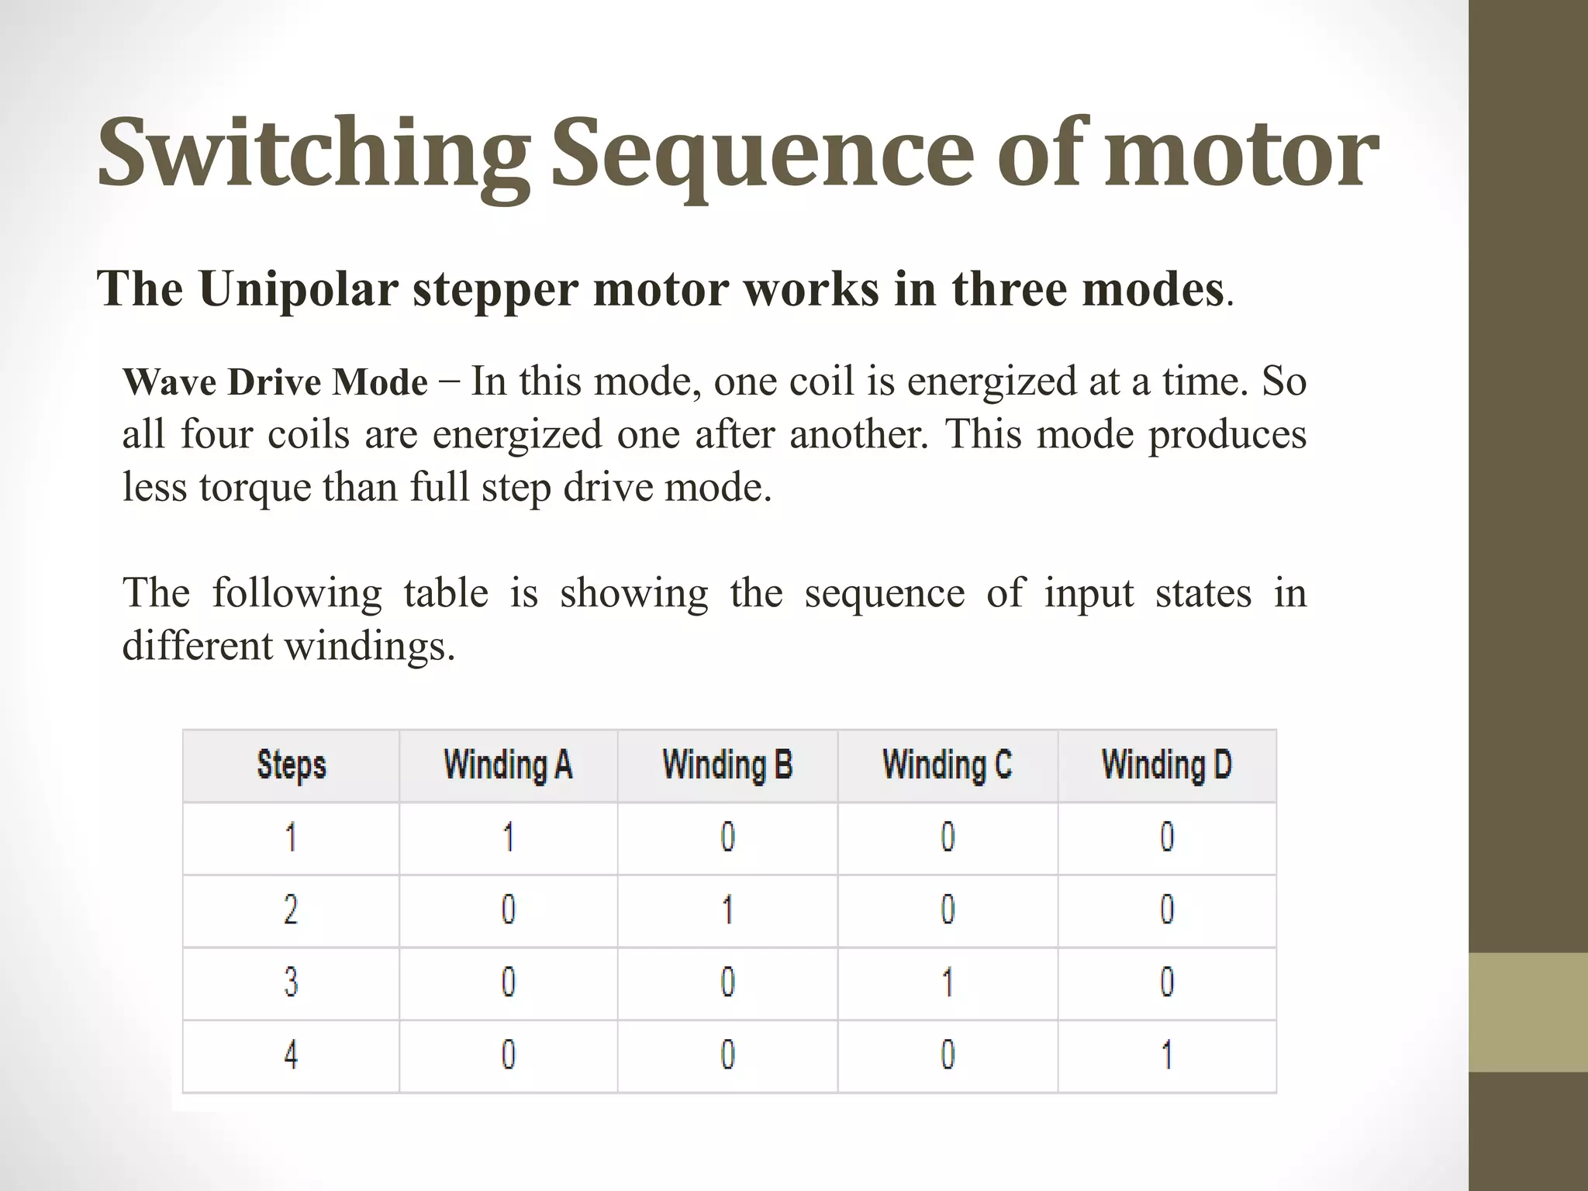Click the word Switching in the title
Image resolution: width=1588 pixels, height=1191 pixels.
coord(314,154)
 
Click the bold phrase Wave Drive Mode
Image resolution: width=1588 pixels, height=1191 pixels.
coord(275,382)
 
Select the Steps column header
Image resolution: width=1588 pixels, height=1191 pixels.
coord(292,765)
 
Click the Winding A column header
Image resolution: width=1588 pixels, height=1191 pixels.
coord(508,765)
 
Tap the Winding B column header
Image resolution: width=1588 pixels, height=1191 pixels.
coord(727,765)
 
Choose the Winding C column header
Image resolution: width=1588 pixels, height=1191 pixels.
coord(948,765)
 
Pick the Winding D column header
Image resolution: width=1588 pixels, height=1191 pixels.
coord(1167,765)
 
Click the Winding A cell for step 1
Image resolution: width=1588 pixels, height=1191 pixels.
coord(509,837)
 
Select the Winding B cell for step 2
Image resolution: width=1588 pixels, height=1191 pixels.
coord(728,910)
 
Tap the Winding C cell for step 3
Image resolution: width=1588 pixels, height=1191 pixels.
coord(948,982)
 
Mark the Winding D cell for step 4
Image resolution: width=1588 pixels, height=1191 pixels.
coord(1167,1055)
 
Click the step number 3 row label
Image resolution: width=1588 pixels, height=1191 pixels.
coord(291,982)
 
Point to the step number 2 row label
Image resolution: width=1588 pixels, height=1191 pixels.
coord(291,910)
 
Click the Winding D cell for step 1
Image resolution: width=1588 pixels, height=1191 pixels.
coord(1167,837)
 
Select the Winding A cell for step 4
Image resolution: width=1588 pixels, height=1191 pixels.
coord(509,1055)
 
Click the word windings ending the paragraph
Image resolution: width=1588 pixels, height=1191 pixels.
coord(370,647)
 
